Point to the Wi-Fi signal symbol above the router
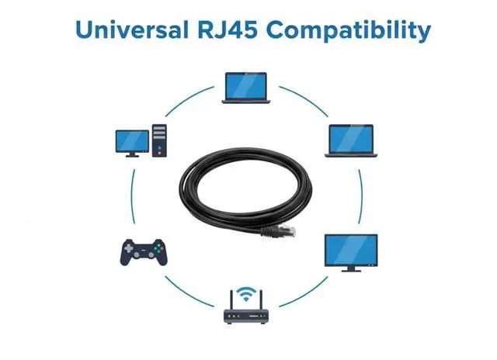[246, 293]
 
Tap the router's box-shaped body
[246, 316]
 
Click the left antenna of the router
[231, 299]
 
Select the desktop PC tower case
[160, 140]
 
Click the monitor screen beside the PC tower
[132, 140]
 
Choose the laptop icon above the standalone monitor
[349, 140]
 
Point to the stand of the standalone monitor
[349, 268]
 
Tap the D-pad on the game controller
[131, 249]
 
